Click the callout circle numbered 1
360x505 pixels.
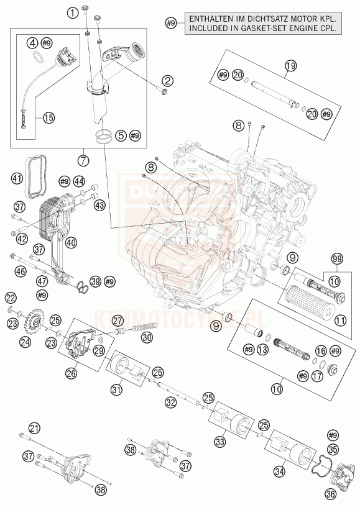74,12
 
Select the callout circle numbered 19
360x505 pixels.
289,66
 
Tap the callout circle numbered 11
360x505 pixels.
339,321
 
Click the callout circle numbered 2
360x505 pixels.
167,80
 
